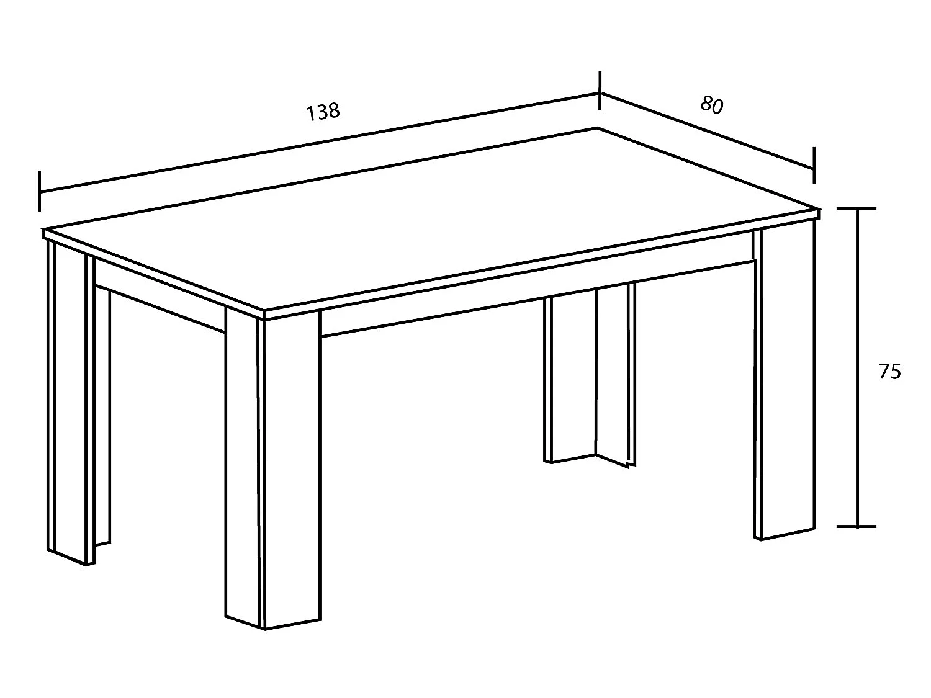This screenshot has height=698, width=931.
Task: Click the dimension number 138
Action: coord(323,112)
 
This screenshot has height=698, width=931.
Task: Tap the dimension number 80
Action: coord(711,105)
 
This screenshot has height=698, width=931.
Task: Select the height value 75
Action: coord(889,371)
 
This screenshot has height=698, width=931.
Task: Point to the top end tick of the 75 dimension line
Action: coord(857,208)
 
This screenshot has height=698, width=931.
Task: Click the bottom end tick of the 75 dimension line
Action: coord(857,526)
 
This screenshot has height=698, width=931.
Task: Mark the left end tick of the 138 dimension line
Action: coord(40,190)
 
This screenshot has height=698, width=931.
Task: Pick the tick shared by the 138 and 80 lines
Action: coord(600,90)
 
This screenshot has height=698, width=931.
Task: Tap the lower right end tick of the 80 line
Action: coord(814,165)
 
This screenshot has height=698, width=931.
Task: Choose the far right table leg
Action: coord(785,382)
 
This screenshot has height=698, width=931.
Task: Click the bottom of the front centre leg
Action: coord(266,629)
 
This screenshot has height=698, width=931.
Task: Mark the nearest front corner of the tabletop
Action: coord(263,311)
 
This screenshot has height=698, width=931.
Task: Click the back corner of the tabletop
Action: coord(597,128)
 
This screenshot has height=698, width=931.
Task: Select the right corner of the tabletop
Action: coord(819,209)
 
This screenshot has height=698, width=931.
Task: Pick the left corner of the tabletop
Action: coord(43,230)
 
